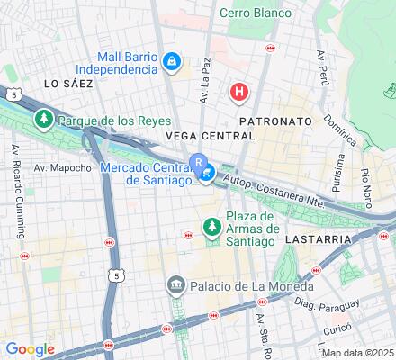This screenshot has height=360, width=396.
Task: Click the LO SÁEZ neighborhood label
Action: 68,83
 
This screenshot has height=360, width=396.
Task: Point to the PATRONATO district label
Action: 274,121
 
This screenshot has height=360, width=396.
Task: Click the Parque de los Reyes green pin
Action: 42,119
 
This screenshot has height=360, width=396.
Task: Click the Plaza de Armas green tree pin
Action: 211,229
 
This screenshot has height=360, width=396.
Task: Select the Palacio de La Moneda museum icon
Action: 175,286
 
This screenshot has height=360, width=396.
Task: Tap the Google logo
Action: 31,349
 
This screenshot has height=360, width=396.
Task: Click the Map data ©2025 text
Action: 358,353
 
